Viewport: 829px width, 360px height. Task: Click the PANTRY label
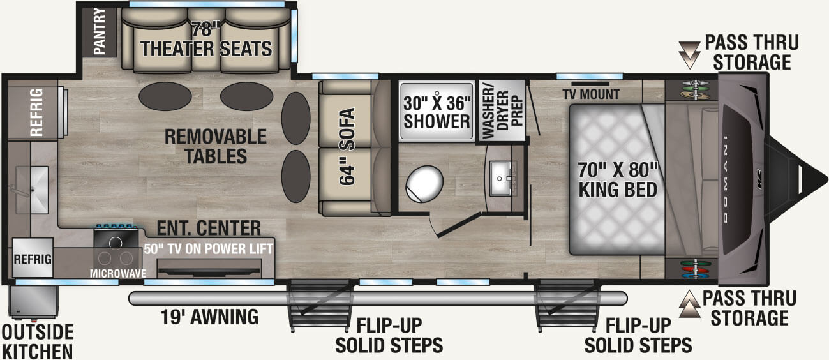(100, 31)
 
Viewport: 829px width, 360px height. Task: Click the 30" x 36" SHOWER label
(437, 112)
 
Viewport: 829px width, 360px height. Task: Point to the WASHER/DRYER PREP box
(501, 110)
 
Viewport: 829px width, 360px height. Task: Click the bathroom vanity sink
(505, 179)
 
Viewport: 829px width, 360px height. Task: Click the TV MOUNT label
(591, 94)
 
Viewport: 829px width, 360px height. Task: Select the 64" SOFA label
(348, 146)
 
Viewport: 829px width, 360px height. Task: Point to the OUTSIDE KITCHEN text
(37, 341)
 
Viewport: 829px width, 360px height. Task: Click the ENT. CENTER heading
(209, 229)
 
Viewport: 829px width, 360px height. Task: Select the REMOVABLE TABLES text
(206, 146)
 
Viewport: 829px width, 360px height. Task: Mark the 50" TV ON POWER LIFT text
(209, 248)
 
